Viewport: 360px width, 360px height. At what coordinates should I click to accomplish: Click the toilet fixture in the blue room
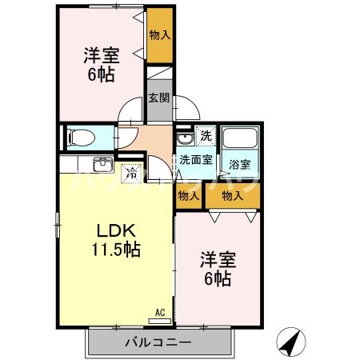[81, 138]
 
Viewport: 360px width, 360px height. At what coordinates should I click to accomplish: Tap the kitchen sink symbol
[103, 165]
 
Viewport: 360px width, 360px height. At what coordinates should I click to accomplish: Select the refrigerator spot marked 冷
[131, 174]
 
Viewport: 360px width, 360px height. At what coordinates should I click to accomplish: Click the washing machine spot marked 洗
[206, 136]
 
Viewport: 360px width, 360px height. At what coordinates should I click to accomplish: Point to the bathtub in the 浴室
[240, 138]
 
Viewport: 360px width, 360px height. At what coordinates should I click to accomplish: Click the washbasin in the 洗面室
[185, 138]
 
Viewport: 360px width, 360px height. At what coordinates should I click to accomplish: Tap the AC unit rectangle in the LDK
[159, 321]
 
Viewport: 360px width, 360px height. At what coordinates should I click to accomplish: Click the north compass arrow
[291, 342]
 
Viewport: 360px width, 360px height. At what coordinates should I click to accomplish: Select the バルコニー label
[158, 342]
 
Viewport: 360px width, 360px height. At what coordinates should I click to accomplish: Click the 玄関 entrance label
[159, 98]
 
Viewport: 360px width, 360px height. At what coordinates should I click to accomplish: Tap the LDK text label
[116, 231]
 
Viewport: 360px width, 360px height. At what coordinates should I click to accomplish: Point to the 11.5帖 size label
[116, 250]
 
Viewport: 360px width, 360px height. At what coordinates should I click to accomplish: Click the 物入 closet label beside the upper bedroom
[160, 35]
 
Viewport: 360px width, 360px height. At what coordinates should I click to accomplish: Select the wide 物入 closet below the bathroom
[233, 196]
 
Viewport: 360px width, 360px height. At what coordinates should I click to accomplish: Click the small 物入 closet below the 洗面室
[189, 196]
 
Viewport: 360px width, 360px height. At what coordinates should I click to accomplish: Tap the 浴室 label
[240, 164]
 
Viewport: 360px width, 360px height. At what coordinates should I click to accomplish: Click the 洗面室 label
[196, 159]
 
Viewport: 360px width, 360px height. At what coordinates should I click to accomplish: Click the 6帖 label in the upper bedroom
[102, 74]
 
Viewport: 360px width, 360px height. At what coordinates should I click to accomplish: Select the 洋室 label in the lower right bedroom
[218, 260]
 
